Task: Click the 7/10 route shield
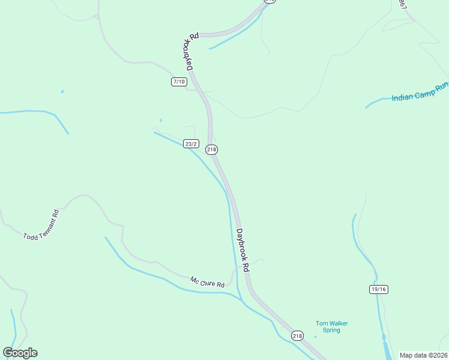pyautogui.click(x=179, y=82)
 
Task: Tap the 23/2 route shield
pyautogui.click(x=191, y=144)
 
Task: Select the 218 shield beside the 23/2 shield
pyautogui.click(x=211, y=149)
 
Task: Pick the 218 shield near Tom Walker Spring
pyautogui.click(x=297, y=336)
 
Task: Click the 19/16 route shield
pyautogui.click(x=379, y=289)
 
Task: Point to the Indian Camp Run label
pyautogui.click(x=420, y=92)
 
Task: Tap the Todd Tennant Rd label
pyautogui.click(x=41, y=225)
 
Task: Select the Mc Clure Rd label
pyautogui.click(x=207, y=281)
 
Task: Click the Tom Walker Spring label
pyautogui.click(x=331, y=326)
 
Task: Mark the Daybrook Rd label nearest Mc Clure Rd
pyautogui.click(x=243, y=250)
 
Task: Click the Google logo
pyautogui.click(x=20, y=353)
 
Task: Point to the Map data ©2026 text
pyautogui.click(x=424, y=355)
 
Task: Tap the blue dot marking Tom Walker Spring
pyautogui.click(x=315, y=337)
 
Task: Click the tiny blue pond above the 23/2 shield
pyautogui.click(x=161, y=120)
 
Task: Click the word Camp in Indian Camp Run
pyautogui.click(x=423, y=91)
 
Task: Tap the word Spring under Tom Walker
pyautogui.click(x=331, y=330)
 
